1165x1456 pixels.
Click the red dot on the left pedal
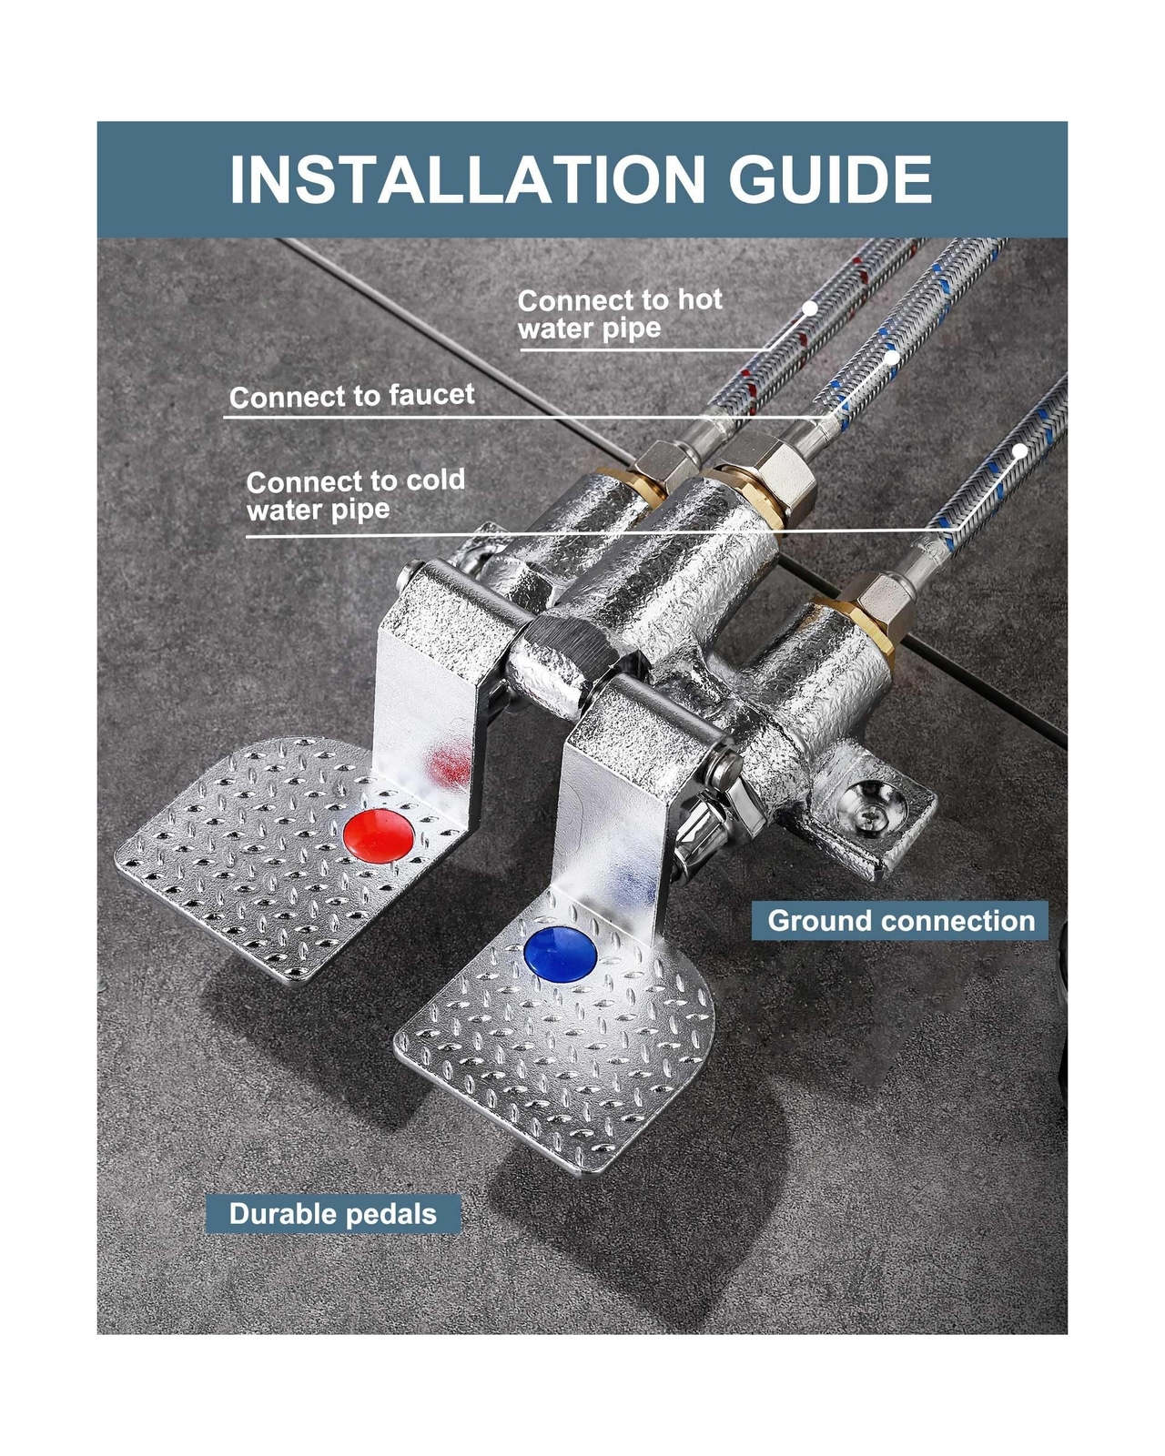pyautogui.click(x=379, y=835)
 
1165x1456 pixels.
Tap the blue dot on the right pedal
pyautogui.click(x=561, y=954)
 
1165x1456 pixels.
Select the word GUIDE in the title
pyautogui.click(x=830, y=179)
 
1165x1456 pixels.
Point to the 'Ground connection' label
pyautogui.click(x=901, y=921)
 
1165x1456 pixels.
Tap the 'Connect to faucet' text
pyautogui.click(x=352, y=397)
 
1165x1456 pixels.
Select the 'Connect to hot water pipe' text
pyautogui.click(x=620, y=314)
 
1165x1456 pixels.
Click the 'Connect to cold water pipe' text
pyautogui.click(x=355, y=495)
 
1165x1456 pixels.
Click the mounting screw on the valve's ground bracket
pyautogui.click(x=869, y=814)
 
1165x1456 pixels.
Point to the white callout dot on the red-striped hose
pyautogui.click(x=809, y=308)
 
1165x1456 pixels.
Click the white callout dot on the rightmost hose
pyautogui.click(x=1020, y=450)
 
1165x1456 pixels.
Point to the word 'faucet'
pyautogui.click(x=431, y=395)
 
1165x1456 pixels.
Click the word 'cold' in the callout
pyautogui.click(x=435, y=480)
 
